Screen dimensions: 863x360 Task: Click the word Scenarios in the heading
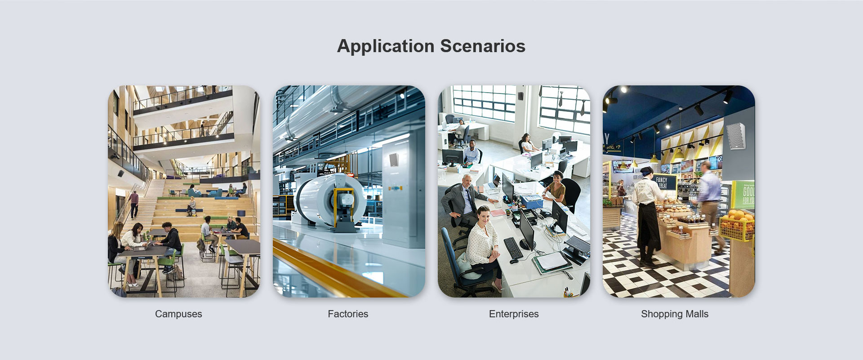[483, 46]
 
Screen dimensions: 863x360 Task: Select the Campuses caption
[178, 314]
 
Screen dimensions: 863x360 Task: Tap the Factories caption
[348, 314]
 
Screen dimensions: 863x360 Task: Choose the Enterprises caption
[514, 314]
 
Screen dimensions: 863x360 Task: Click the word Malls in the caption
[696, 314]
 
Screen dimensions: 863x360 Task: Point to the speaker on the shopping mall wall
[735, 135]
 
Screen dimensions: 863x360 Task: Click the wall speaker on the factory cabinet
[393, 160]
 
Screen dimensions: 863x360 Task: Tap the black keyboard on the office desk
[513, 248]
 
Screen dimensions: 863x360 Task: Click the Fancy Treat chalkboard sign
[664, 182]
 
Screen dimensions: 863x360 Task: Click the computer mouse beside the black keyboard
[514, 261]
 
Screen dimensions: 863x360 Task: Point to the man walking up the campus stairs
[134, 204]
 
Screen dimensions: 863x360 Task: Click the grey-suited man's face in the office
[467, 182]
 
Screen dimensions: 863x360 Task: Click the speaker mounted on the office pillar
[520, 96]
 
